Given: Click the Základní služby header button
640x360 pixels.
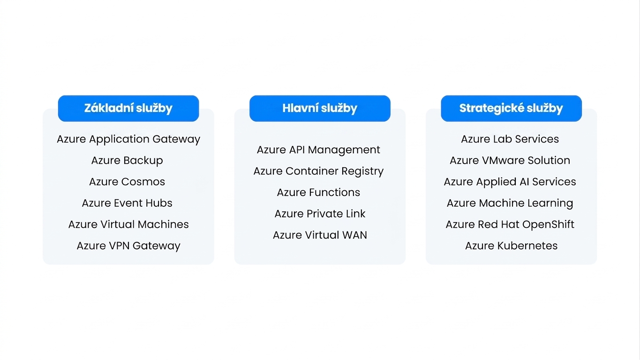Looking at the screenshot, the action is (x=128, y=108).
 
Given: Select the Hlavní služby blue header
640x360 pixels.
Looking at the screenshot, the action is (x=320, y=108).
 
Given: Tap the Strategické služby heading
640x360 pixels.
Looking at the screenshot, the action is (x=511, y=108).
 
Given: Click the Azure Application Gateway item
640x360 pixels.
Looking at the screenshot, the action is (x=128, y=139).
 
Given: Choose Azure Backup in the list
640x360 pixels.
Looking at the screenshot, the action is (x=127, y=161).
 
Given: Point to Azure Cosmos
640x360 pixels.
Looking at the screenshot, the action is (x=127, y=182).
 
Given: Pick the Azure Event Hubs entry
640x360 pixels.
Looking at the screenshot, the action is (x=127, y=203).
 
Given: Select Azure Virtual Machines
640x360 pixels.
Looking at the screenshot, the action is (x=128, y=225).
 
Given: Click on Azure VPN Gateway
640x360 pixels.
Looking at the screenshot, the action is (x=128, y=246).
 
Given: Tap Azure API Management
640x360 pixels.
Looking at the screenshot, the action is (x=318, y=150).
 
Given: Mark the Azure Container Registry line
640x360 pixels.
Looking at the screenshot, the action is (x=318, y=172).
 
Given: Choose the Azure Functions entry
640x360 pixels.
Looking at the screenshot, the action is (x=318, y=193).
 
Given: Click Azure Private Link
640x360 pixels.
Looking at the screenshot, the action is (x=320, y=214).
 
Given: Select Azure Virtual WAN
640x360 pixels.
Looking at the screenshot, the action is (x=320, y=235).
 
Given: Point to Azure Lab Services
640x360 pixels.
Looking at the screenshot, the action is (x=510, y=139).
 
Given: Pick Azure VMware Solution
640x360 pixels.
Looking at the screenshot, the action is (x=510, y=161).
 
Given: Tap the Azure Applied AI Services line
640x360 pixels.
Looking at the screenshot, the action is (x=510, y=182).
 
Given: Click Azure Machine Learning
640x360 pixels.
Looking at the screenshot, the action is (x=510, y=203).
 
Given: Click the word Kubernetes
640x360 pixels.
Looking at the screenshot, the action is (x=527, y=246).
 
